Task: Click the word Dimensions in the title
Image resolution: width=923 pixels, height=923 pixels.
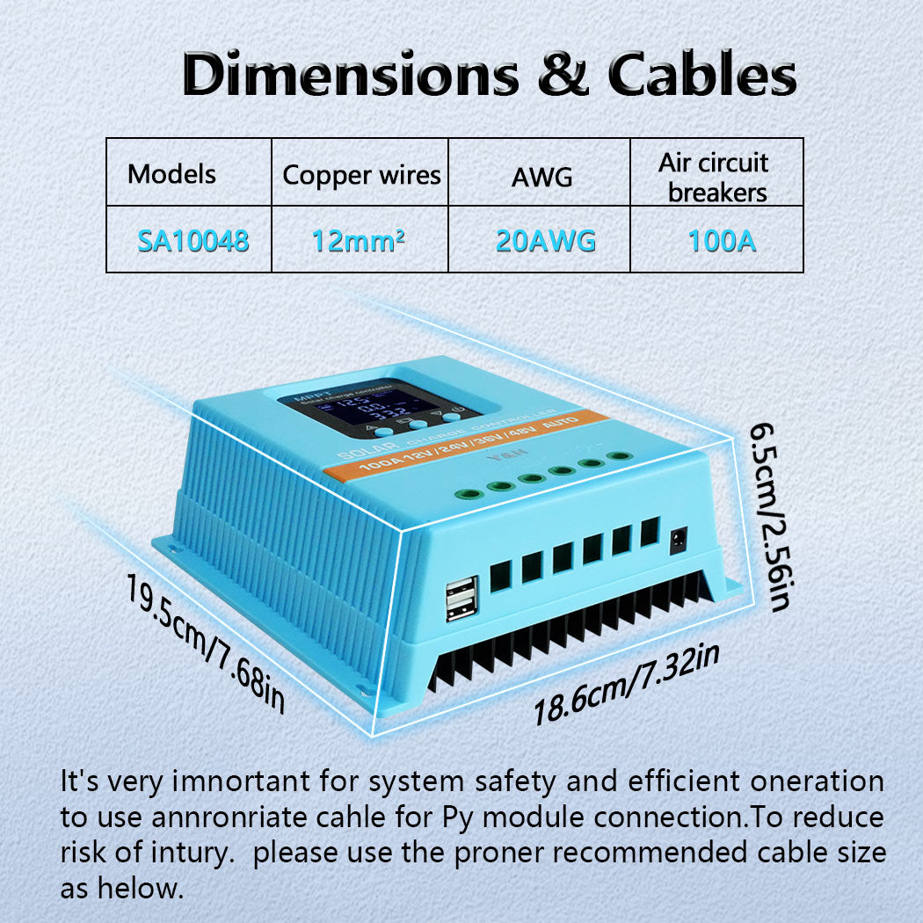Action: click(x=351, y=76)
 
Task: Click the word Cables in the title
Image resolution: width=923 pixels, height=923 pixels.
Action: click(x=701, y=76)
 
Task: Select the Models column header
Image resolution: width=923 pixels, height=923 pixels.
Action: click(x=171, y=173)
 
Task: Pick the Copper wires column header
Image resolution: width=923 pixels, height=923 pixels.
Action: click(x=361, y=175)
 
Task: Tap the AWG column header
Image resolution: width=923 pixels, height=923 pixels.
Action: click(x=541, y=177)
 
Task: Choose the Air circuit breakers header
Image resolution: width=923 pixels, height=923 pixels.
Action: click(x=717, y=177)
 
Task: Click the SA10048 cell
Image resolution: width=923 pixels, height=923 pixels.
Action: click(x=193, y=240)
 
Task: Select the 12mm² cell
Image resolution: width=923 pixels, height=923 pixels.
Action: click(x=359, y=240)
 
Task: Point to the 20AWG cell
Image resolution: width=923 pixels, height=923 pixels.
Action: click(x=545, y=240)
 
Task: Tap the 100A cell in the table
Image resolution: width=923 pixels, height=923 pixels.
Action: click(x=722, y=240)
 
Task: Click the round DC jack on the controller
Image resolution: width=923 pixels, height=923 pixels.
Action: click(x=679, y=540)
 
